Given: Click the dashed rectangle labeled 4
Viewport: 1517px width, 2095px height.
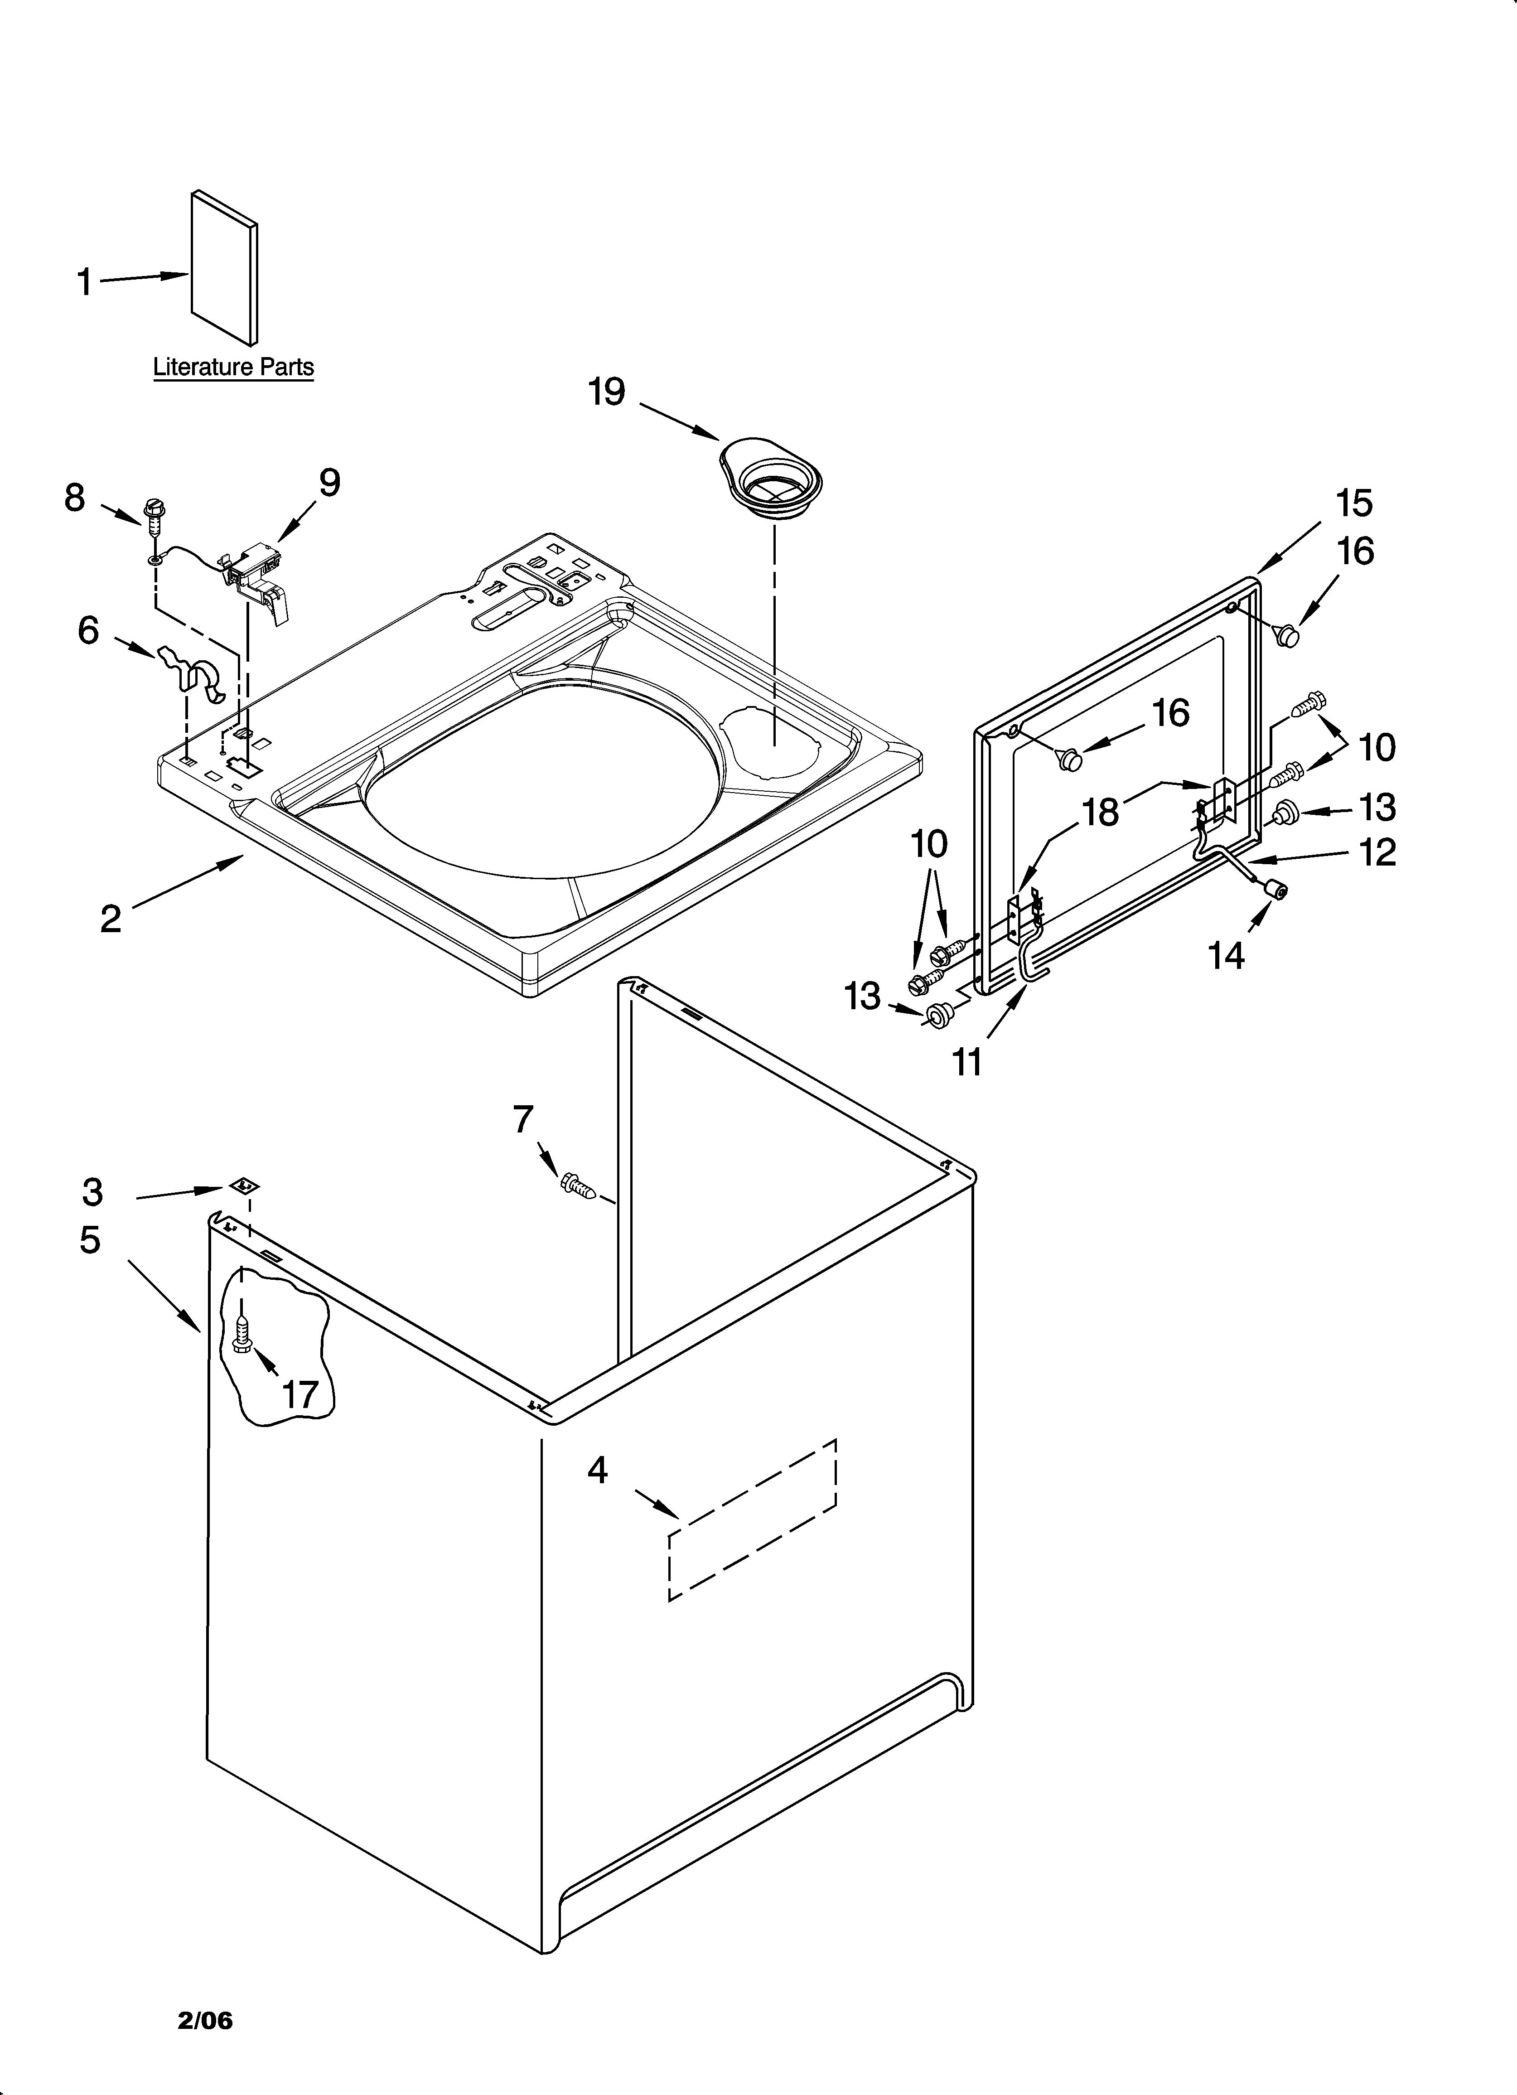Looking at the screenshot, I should coord(752,1519).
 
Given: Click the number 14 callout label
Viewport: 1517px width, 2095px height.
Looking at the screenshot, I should coord(1226,956).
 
